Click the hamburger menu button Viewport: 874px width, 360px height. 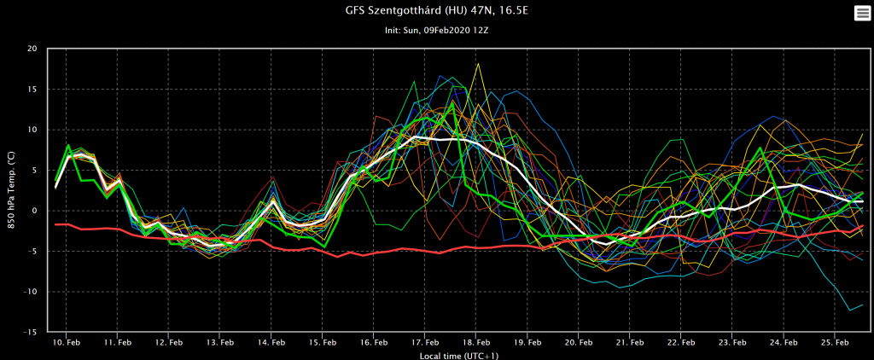[x=860, y=13]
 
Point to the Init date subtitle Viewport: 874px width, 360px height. [x=436, y=30]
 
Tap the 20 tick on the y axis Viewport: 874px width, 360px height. [x=32, y=49]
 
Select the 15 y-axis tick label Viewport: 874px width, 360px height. [x=32, y=90]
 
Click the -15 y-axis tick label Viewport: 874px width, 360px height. [x=31, y=332]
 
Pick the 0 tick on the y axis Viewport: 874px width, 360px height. [x=35, y=211]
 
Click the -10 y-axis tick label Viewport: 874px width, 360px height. [x=31, y=292]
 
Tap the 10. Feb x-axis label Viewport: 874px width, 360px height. [x=67, y=342]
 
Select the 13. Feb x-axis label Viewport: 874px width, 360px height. [x=220, y=342]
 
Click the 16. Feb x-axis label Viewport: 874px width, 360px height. [x=374, y=342]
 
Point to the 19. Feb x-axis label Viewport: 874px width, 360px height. [x=527, y=342]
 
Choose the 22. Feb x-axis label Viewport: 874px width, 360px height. [x=681, y=342]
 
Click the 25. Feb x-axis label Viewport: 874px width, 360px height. [x=835, y=342]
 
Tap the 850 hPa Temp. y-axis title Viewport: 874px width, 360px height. [x=10, y=190]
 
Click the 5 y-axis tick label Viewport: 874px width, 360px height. [x=35, y=171]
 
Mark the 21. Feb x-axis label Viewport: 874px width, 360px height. [x=630, y=342]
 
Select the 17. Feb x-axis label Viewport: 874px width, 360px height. [x=425, y=342]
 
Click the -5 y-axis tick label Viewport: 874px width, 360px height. [x=32, y=252]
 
